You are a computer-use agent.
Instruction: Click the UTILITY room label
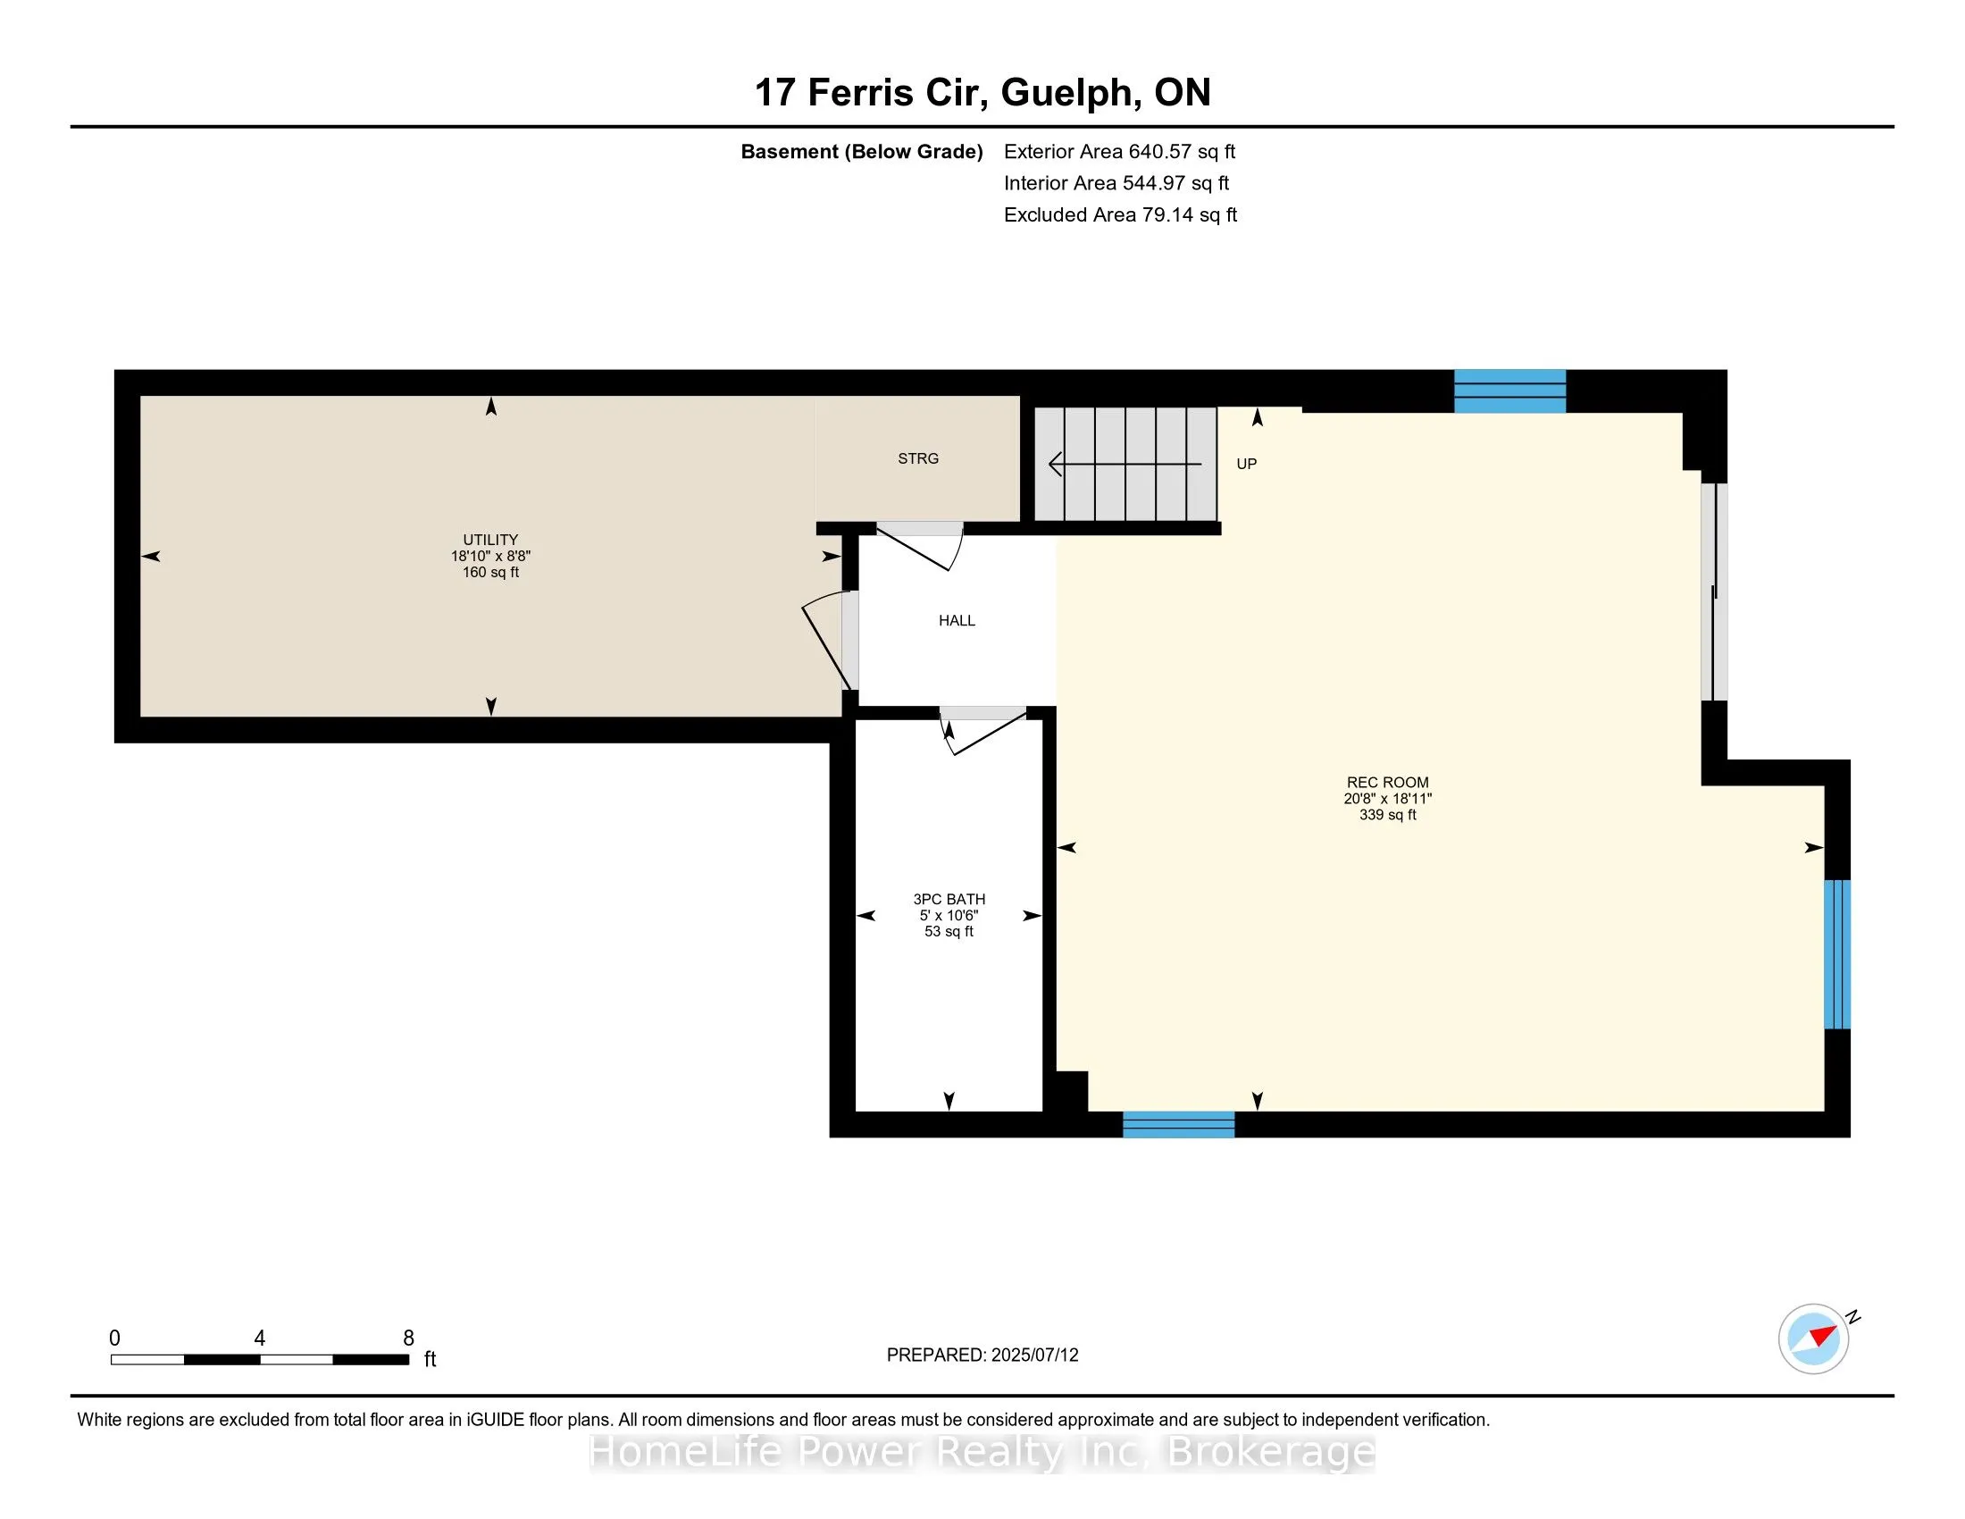(490, 540)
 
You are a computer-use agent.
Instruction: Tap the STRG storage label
(917, 459)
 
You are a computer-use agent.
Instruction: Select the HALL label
(957, 621)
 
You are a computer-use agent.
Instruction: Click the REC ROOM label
(1387, 783)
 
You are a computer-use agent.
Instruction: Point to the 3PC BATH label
(949, 899)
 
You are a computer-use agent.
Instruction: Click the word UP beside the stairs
(1246, 465)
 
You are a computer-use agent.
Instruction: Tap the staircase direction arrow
(1125, 465)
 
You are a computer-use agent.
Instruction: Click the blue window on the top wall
(1509, 391)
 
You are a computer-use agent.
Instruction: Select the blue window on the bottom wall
(1179, 1125)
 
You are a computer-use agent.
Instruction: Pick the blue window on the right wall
(1837, 954)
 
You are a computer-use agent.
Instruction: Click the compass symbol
(1814, 1339)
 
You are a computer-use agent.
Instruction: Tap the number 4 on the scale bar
(259, 1339)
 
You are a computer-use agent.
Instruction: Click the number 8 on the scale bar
(408, 1339)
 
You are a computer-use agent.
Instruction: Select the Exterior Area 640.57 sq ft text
(1119, 152)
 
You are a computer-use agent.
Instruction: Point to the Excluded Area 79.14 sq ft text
(1120, 215)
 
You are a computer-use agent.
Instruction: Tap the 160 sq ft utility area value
(490, 573)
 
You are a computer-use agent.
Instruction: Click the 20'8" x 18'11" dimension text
(1387, 799)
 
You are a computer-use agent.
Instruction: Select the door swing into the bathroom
(982, 732)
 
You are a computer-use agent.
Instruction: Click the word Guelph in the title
(1066, 93)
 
